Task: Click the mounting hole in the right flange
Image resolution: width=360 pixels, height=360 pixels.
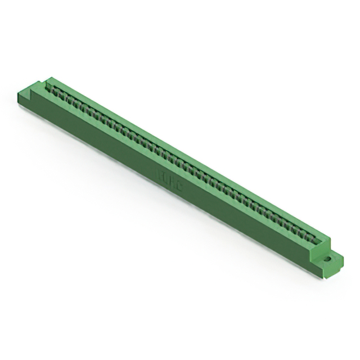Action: tap(328, 260)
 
